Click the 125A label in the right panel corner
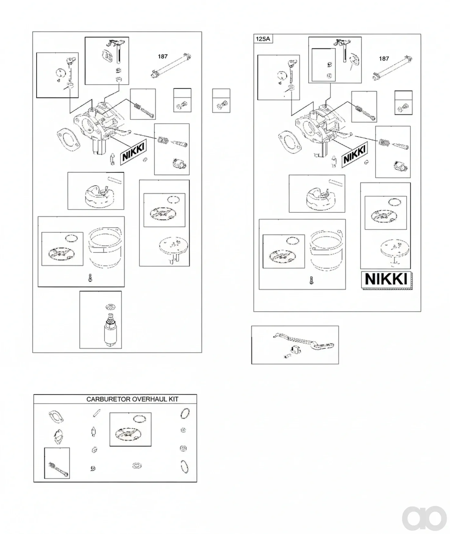(263, 39)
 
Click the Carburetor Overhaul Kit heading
(132, 399)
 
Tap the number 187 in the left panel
(163, 57)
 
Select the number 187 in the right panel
(384, 59)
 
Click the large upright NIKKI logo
(386, 279)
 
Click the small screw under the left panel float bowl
(90, 278)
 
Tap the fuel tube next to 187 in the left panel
(171, 66)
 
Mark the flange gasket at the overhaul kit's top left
(56, 417)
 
